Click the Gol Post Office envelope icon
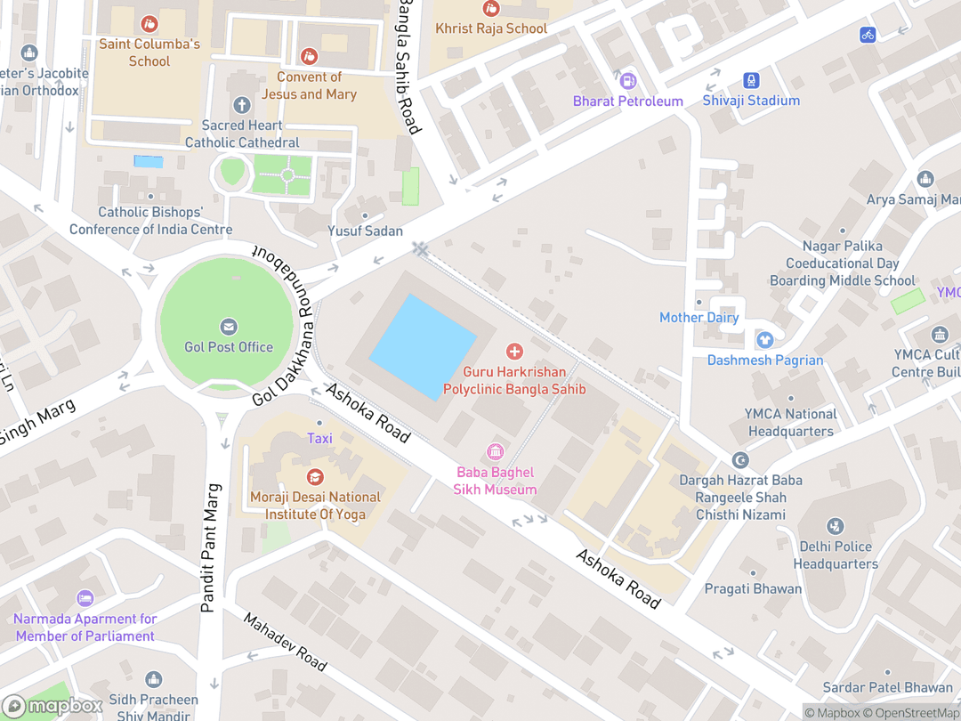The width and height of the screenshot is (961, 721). [229, 327]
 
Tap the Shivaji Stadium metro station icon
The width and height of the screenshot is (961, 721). [752, 80]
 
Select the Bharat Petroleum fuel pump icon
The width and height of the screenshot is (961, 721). [628, 80]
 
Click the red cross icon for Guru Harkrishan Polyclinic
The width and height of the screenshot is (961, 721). [514, 352]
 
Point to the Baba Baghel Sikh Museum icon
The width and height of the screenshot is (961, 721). [496, 452]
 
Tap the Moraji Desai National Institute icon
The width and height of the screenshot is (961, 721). [315, 477]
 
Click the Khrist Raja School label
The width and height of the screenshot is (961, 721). [490, 28]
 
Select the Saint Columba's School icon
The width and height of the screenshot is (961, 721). [149, 23]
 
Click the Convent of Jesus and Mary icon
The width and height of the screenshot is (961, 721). [309, 57]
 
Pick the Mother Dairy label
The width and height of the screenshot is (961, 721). [699, 318]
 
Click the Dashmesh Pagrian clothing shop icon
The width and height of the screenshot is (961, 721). [764, 340]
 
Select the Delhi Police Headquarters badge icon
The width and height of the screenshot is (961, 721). [835, 526]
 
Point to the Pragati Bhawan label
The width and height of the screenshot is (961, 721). [753, 588]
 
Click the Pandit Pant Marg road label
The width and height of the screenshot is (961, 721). [210, 548]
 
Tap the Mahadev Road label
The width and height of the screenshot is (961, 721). [286, 641]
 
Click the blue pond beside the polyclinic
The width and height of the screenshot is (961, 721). [423, 346]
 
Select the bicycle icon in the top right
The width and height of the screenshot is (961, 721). [868, 35]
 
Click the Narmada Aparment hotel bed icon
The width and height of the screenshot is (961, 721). [85, 598]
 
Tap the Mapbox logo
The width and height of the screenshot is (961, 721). [53, 706]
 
